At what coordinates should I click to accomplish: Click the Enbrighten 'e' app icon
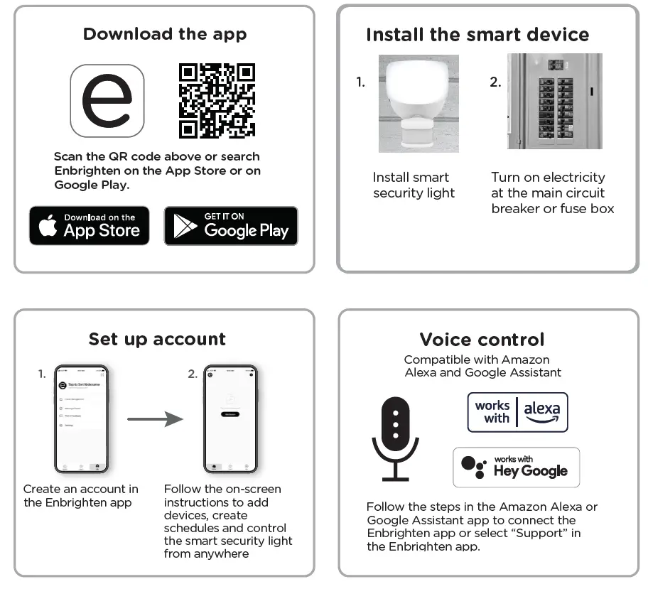click(x=107, y=100)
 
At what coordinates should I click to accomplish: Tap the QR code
click(x=217, y=100)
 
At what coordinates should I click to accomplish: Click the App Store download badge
click(x=90, y=226)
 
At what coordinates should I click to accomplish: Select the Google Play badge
click(x=231, y=226)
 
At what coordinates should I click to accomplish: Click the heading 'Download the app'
click(x=165, y=34)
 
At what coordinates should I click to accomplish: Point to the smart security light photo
click(x=414, y=102)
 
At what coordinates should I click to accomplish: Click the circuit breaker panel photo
click(x=555, y=102)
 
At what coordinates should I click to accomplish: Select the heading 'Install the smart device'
click(x=477, y=35)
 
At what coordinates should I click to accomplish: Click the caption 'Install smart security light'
click(x=414, y=185)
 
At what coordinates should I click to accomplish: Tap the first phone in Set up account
click(x=81, y=418)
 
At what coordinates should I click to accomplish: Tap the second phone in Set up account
click(x=229, y=418)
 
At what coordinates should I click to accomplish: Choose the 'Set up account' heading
click(x=157, y=339)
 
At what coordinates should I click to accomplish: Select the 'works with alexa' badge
click(x=517, y=412)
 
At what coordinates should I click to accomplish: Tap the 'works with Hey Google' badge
click(x=516, y=467)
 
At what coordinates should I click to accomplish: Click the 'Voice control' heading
click(x=482, y=340)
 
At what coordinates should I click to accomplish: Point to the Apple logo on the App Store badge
click(x=48, y=227)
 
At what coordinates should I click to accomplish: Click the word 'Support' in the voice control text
click(x=558, y=533)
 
